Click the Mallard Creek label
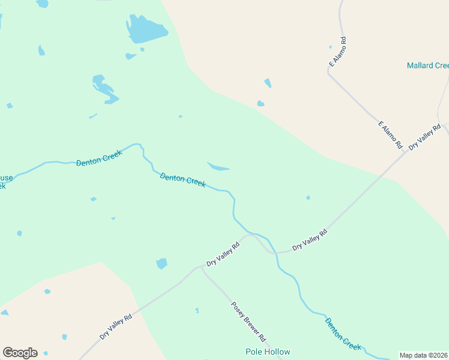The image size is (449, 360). [x=427, y=65]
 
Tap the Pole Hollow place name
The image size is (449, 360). [x=268, y=352]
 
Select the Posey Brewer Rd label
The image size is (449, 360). [x=249, y=321]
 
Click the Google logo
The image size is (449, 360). [x=20, y=353]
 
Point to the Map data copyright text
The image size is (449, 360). [x=423, y=355]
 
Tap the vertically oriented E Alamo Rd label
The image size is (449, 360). [x=337, y=52]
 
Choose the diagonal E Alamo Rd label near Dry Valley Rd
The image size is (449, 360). [x=390, y=135]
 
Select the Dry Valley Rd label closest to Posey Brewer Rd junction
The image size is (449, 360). [x=223, y=254]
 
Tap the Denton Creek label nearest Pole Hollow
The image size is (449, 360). [x=343, y=334]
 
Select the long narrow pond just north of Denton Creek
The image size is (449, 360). [x=218, y=166]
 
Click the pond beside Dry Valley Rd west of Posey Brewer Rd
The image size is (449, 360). [x=161, y=263]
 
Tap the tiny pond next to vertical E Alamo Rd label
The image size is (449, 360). [x=330, y=47]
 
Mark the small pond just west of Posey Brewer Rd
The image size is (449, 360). [x=197, y=310]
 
